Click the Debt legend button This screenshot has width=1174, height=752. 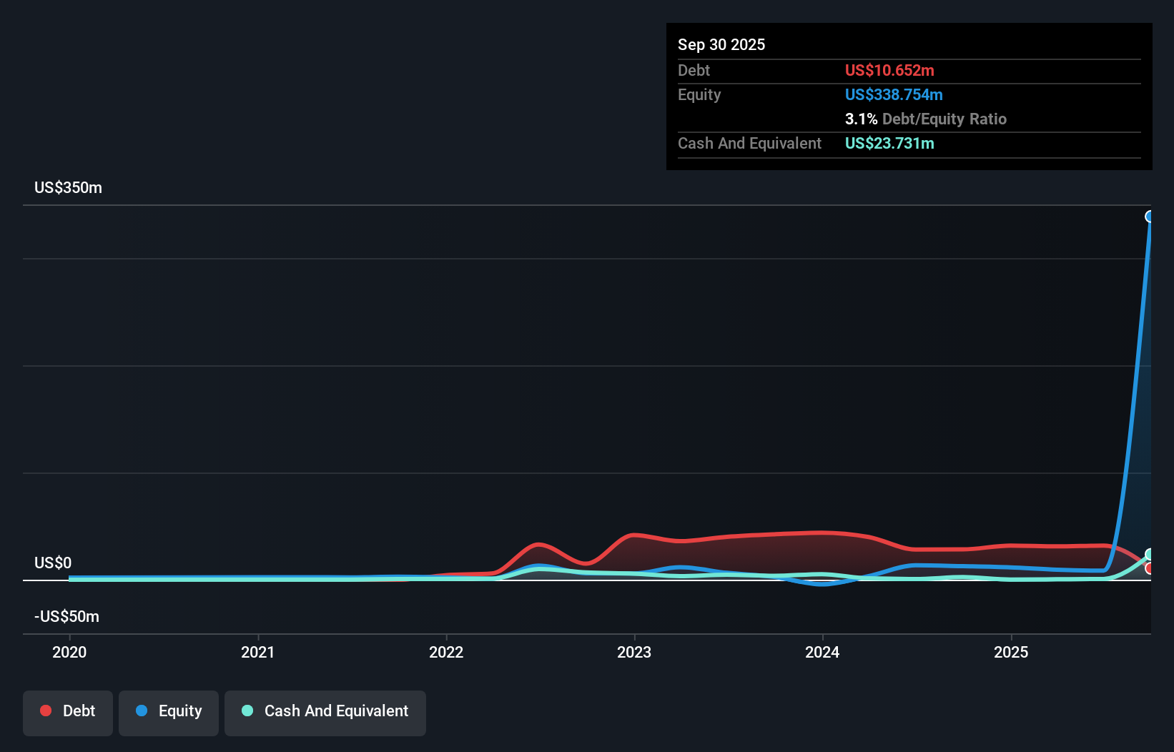68,711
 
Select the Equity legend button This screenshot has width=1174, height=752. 169,711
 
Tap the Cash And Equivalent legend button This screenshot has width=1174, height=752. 325,711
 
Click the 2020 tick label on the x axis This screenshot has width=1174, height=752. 69,652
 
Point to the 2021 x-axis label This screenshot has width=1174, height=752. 257,652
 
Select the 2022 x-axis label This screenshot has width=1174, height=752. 446,652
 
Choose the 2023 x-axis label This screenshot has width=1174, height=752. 634,652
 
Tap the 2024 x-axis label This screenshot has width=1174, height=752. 822,652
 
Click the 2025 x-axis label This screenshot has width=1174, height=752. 1011,652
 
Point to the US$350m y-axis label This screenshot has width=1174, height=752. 68,188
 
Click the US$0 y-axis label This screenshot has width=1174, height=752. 53,563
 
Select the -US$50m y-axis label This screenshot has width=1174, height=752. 66,616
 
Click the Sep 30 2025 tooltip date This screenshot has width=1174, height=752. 721,44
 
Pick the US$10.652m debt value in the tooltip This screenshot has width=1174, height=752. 889,70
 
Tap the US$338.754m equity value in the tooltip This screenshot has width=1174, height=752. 894,94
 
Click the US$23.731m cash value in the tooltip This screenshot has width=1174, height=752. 889,143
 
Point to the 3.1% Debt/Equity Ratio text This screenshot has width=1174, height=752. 925,119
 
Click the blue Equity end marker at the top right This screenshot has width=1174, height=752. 1150,217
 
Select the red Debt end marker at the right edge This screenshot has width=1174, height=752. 1150,568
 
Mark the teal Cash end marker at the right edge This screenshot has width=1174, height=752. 1150,554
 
